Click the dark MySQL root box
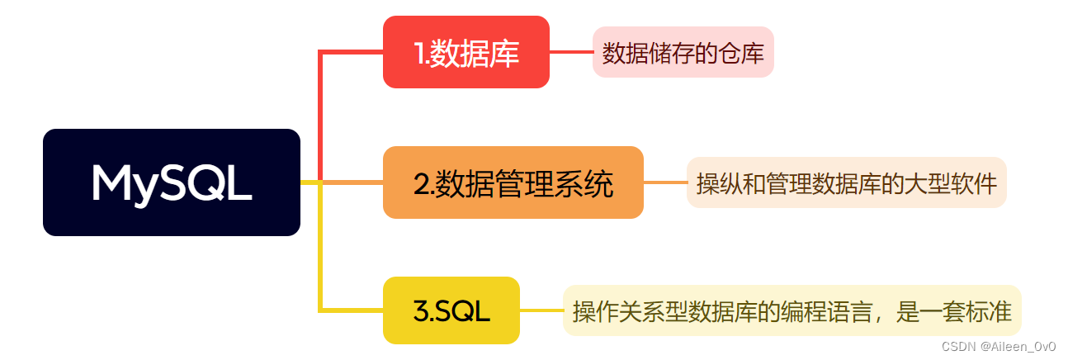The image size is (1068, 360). [x=171, y=182]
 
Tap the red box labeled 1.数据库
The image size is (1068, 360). [x=465, y=52]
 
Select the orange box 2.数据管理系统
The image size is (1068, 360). [x=513, y=182]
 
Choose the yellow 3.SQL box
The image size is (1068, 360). [x=451, y=310]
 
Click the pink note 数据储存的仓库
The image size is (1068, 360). [x=683, y=54]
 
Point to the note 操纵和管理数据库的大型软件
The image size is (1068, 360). [x=846, y=182]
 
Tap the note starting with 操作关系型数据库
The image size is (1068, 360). [x=792, y=311]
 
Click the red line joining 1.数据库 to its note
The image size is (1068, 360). [x=570, y=52]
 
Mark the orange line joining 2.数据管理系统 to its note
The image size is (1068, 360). [x=664, y=182]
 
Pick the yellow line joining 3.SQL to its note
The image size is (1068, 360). [x=541, y=310]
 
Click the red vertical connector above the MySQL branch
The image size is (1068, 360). [x=319, y=116]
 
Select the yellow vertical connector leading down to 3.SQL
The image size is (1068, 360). [x=319, y=248]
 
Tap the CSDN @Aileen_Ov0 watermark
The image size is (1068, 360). [x=998, y=347]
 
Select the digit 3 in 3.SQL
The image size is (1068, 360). [x=419, y=311]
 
